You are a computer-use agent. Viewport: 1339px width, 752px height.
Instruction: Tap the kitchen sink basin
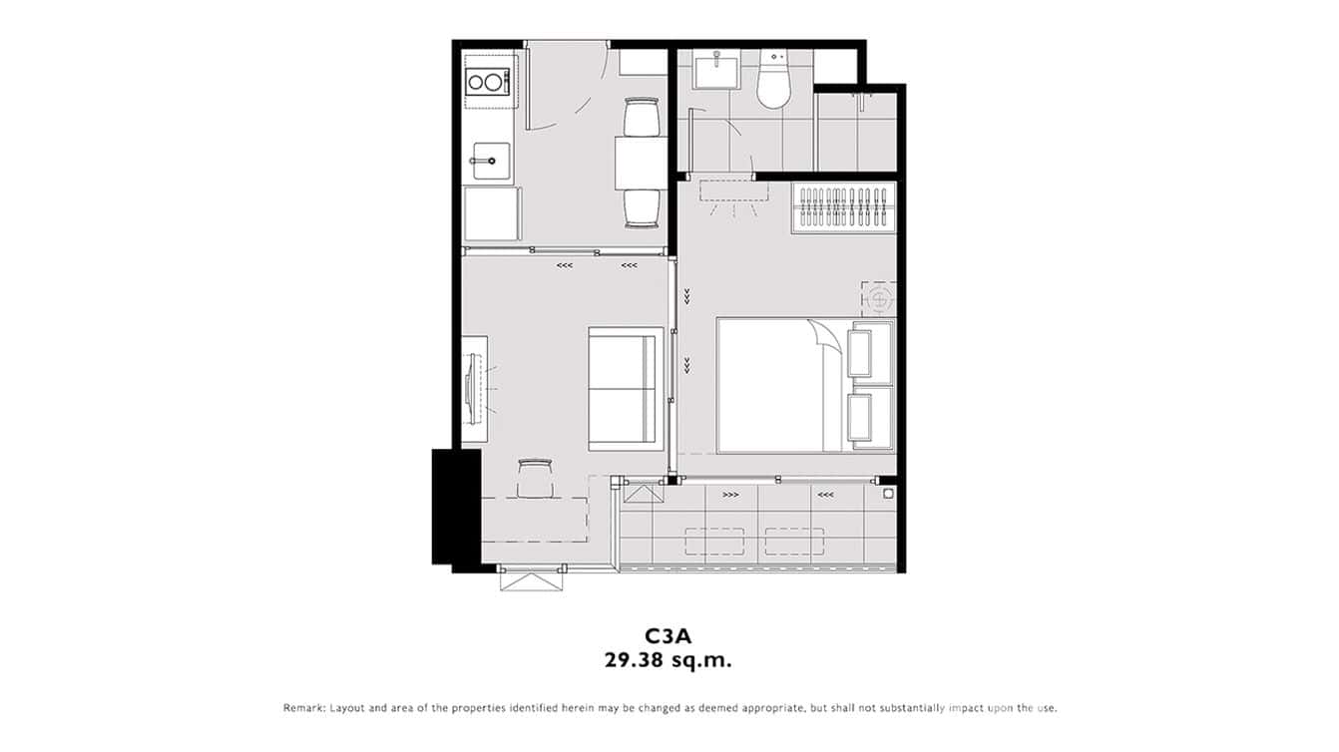[x=490, y=161]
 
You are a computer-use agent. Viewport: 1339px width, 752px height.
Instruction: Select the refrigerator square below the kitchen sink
[x=491, y=213]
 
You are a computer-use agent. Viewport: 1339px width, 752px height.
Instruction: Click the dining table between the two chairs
[x=640, y=163]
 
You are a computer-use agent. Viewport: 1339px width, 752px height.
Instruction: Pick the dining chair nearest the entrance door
[x=641, y=117]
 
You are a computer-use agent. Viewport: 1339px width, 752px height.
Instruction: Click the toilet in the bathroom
[x=773, y=82]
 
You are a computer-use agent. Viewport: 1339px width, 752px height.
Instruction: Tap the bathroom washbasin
[x=716, y=73]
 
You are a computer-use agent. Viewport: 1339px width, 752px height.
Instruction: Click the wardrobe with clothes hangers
[x=843, y=208]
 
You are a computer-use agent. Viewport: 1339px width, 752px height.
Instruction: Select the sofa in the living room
[x=625, y=387]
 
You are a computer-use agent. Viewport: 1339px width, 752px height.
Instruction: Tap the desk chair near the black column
[x=534, y=477]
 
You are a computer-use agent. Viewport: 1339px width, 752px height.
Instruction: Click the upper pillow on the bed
[x=871, y=351]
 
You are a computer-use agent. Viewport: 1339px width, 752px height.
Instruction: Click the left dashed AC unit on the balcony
[x=714, y=542]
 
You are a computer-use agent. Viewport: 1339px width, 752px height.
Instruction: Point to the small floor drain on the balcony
[x=886, y=492]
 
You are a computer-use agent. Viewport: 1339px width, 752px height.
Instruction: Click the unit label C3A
[x=669, y=635]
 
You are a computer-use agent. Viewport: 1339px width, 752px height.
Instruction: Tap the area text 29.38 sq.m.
[x=669, y=659]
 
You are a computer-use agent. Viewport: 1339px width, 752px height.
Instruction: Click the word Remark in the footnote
[x=303, y=708]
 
